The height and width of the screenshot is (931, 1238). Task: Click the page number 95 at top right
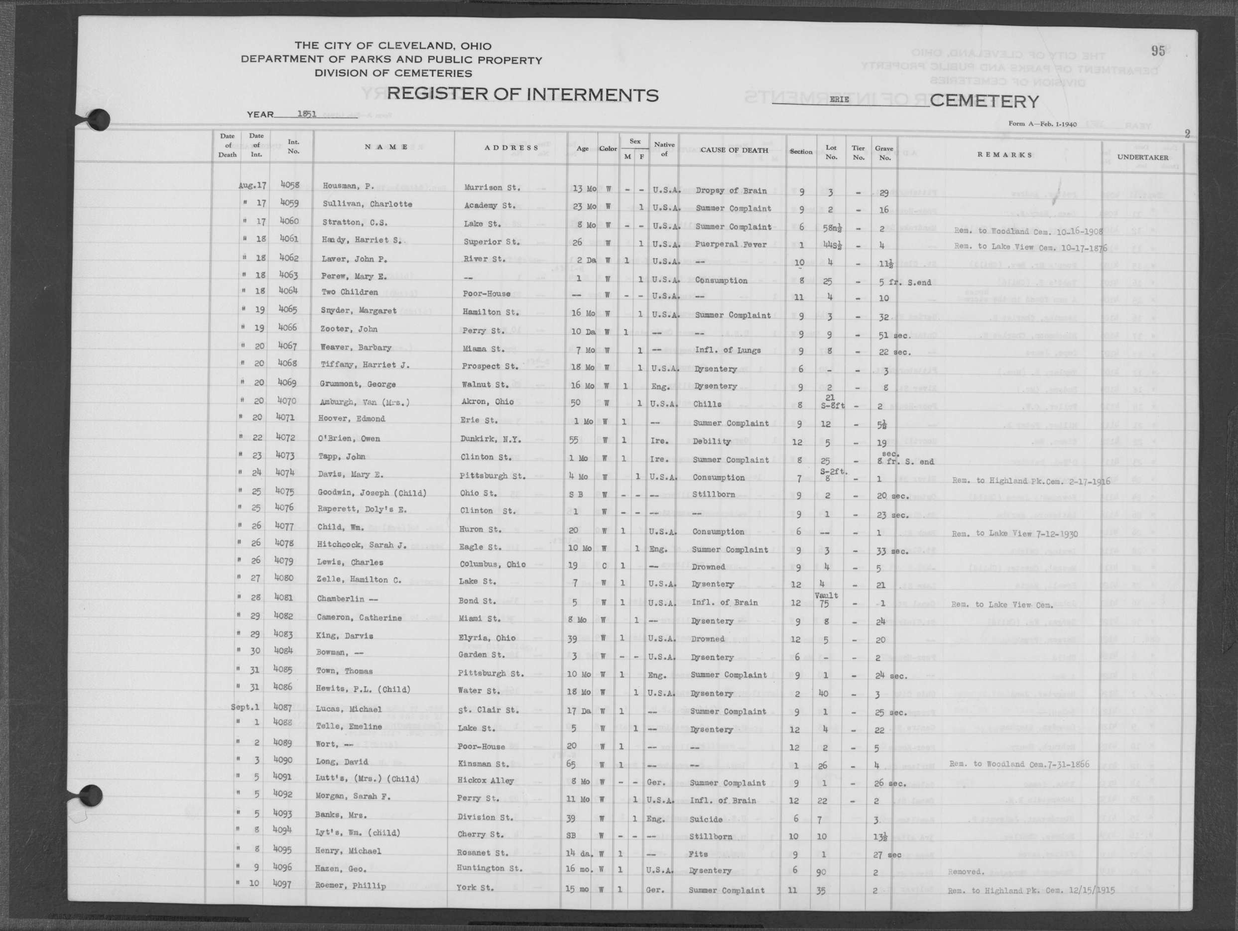(1158, 51)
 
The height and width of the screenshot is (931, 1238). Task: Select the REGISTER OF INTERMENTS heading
(522, 95)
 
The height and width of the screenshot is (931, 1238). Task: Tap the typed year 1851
(307, 114)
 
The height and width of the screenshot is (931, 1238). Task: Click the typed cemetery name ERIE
(839, 99)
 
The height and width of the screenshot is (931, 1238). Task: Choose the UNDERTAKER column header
(1142, 157)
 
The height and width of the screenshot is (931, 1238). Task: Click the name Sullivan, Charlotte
(367, 204)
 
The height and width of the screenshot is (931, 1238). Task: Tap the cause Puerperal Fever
(731, 244)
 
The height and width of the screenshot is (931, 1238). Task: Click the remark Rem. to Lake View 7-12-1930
(1014, 533)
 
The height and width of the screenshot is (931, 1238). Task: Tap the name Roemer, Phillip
(351, 886)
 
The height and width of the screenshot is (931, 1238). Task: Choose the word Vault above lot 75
(826, 595)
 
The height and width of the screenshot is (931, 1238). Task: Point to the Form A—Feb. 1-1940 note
(1042, 123)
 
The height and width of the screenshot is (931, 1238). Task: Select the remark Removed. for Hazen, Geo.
(965, 872)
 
